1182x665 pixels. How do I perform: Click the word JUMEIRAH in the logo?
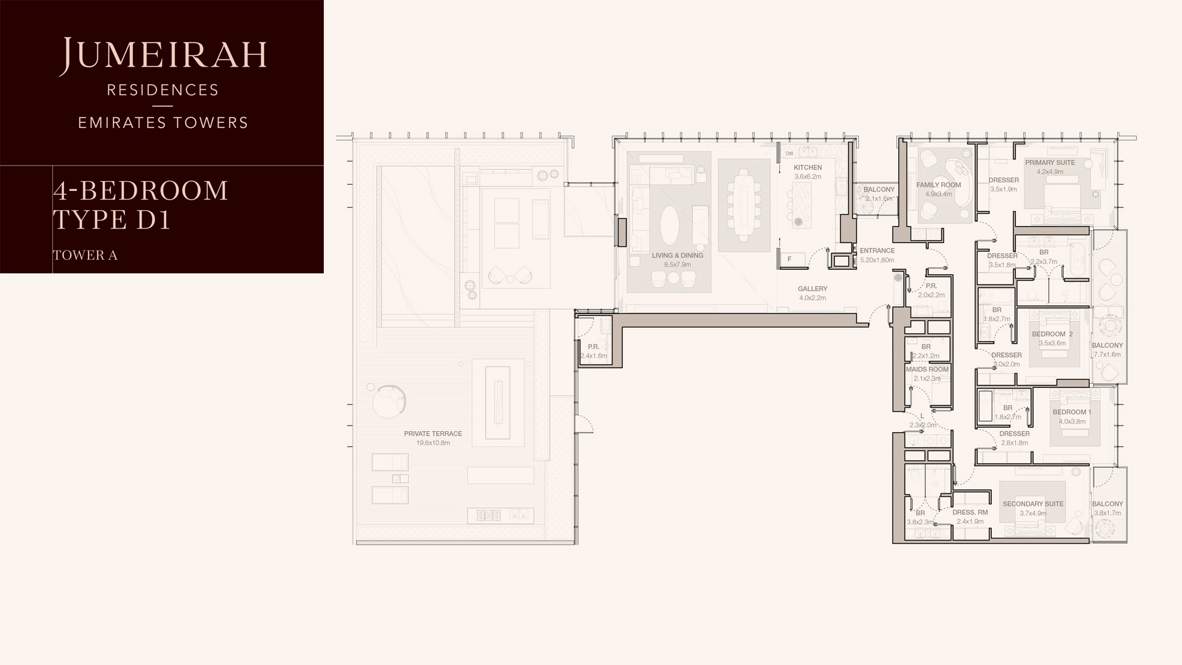[x=163, y=55]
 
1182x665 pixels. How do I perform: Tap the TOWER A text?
[x=85, y=255]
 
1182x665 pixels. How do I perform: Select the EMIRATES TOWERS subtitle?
[x=163, y=123]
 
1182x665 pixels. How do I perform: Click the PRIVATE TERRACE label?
[x=433, y=433]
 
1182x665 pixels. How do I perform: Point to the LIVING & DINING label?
[x=677, y=256]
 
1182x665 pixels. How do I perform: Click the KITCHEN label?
[x=808, y=167]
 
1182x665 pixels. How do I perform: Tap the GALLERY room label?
[x=813, y=289]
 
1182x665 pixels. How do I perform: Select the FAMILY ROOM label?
[x=938, y=185]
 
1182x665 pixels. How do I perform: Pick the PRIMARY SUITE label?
[x=1050, y=163]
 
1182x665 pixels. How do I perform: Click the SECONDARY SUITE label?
[x=1033, y=504]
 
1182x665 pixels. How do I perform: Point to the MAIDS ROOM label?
[x=927, y=369]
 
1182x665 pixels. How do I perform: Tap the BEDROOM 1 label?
[x=1072, y=412]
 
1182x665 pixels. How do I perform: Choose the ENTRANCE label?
[x=877, y=251]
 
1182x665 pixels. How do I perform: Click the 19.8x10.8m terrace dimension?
[x=433, y=443]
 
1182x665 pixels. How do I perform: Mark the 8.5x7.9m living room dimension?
[x=677, y=265]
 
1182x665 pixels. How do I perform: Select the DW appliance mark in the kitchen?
[x=789, y=154]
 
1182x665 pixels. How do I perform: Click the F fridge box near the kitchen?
[x=790, y=259]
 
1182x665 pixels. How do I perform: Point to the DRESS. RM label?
[x=970, y=512]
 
